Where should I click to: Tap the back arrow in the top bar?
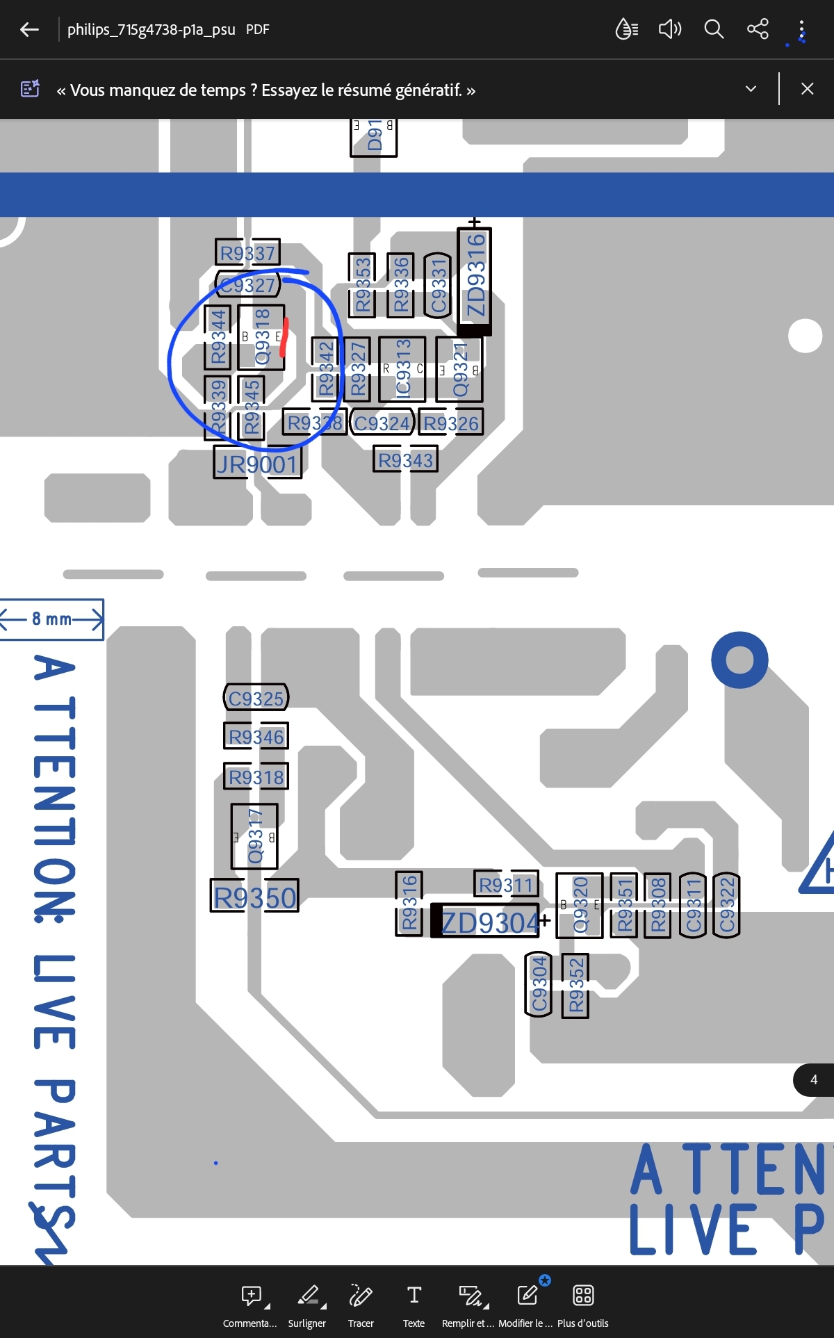(x=29, y=29)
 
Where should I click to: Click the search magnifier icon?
(x=714, y=29)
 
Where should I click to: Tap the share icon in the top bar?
(x=758, y=29)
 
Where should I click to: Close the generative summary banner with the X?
(x=807, y=89)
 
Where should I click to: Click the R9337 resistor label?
(x=247, y=253)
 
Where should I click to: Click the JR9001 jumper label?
(x=257, y=464)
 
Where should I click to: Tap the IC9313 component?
(x=402, y=369)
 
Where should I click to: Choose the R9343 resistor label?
(x=405, y=460)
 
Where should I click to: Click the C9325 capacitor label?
(x=256, y=699)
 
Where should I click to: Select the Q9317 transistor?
(x=255, y=836)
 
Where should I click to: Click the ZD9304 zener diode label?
(x=490, y=922)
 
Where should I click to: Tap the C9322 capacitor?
(x=726, y=906)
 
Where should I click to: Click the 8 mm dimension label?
(x=52, y=619)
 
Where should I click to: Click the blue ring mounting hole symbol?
(x=739, y=660)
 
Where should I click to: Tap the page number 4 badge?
(x=814, y=1079)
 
